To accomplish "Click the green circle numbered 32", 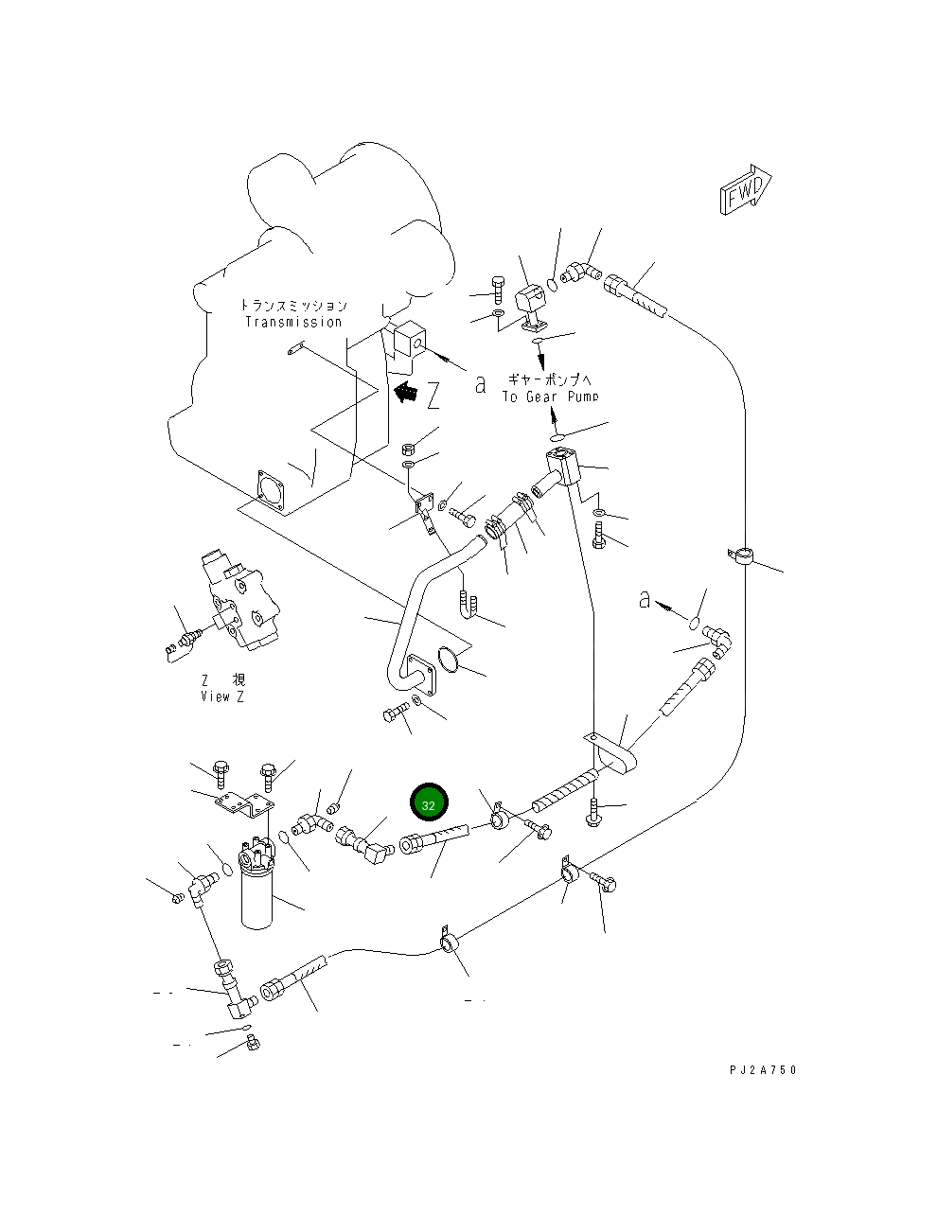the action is click(429, 802).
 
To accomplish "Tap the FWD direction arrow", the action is click(746, 189).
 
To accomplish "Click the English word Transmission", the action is click(293, 323).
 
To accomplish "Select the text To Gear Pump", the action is click(551, 397).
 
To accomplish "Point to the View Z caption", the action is click(222, 696).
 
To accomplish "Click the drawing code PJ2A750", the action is click(763, 1070).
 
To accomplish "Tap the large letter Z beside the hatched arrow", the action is click(433, 396).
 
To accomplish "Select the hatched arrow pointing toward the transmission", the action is click(406, 392).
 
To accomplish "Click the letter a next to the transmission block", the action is click(480, 385).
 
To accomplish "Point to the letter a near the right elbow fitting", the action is click(645, 600).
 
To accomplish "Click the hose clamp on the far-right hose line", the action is click(741, 556).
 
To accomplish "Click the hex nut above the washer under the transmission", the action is click(408, 449).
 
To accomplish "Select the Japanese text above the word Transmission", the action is click(293, 306).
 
